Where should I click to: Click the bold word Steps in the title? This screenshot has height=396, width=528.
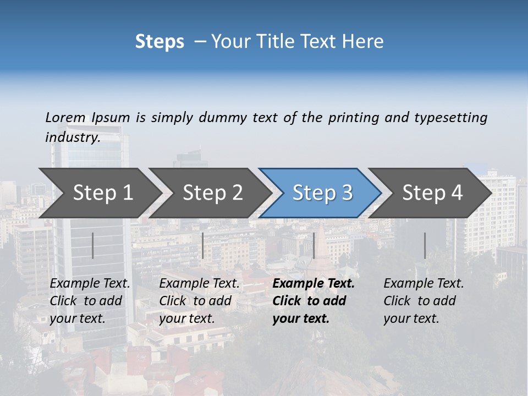(159, 42)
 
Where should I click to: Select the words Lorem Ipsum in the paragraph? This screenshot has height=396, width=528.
(87, 117)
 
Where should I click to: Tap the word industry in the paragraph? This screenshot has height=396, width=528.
(72, 137)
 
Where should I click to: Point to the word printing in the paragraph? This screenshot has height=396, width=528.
(351, 117)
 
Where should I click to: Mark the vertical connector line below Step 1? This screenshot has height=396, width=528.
(93, 245)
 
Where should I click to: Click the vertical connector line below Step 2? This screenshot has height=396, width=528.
(203, 245)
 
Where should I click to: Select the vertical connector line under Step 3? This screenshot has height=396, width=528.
(313, 245)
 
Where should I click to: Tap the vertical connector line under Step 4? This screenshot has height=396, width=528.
(425, 245)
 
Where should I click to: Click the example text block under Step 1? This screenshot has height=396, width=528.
(90, 301)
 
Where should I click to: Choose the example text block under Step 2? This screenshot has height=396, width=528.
(199, 301)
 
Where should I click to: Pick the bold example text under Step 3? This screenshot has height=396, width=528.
(313, 301)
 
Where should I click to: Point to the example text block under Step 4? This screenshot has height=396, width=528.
(424, 301)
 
